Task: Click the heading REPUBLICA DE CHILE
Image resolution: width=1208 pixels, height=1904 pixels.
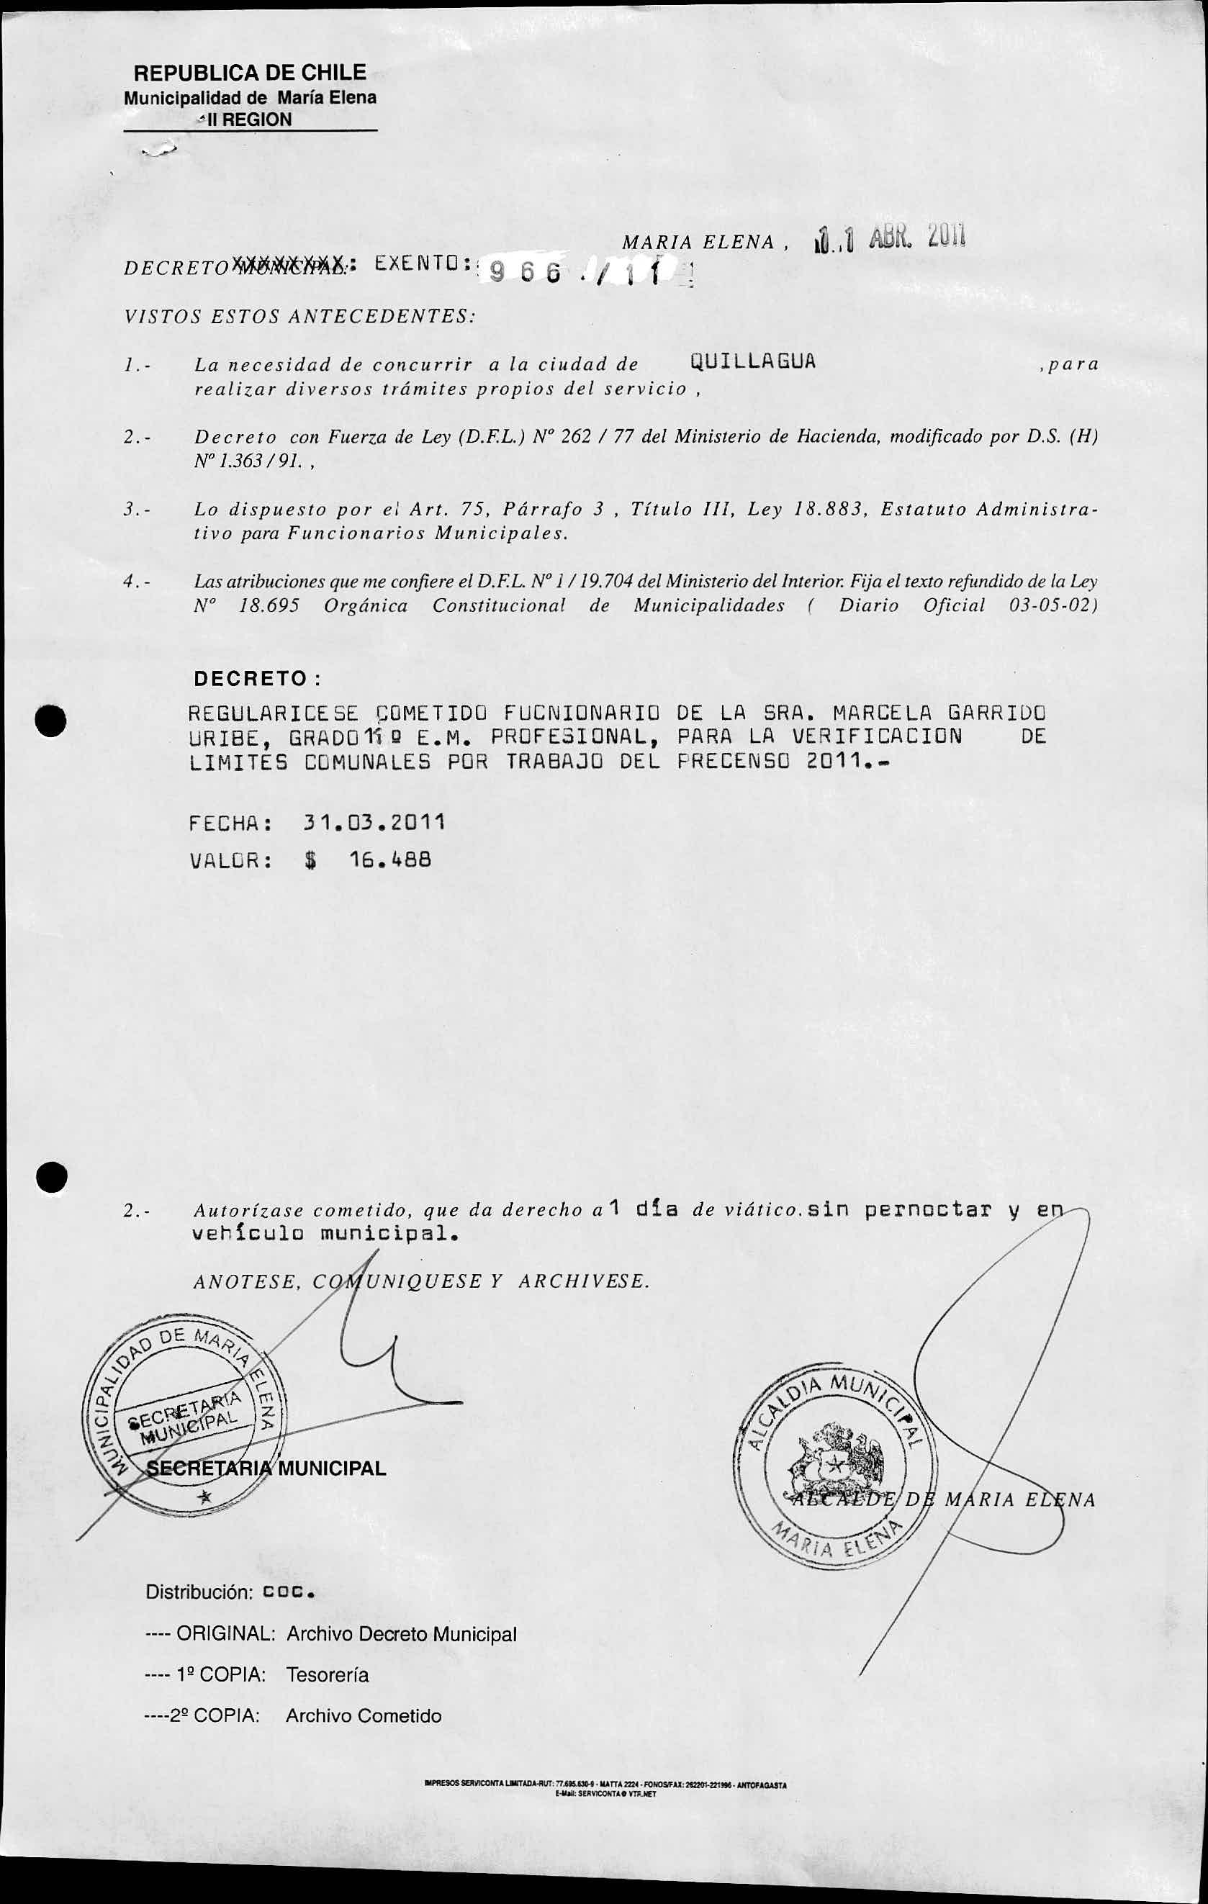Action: click(x=250, y=73)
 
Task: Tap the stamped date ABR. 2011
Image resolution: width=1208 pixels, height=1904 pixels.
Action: click(x=917, y=235)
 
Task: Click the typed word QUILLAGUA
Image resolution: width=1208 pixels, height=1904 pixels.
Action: click(x=752, y=362)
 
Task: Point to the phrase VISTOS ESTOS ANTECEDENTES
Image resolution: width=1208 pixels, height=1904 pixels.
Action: click(x=299, y=317)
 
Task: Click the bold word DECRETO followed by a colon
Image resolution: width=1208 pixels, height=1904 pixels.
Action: click(x=251, y=678)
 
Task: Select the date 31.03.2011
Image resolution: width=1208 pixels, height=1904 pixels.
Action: click(x=374, y=822)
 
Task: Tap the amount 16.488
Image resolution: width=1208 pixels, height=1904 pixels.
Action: click(x=390, y=859)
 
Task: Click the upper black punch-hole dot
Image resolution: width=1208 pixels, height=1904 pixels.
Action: click(x=51, y=720)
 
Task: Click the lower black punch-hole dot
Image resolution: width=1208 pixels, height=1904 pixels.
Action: click(x=51, y=1176)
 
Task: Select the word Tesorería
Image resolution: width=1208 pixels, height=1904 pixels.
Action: click(x=328, y=1674)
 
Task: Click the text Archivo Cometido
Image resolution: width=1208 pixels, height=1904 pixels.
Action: click(x=363, y=1716)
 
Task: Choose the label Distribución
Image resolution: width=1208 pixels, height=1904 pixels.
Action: click(x=199, y=1592)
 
